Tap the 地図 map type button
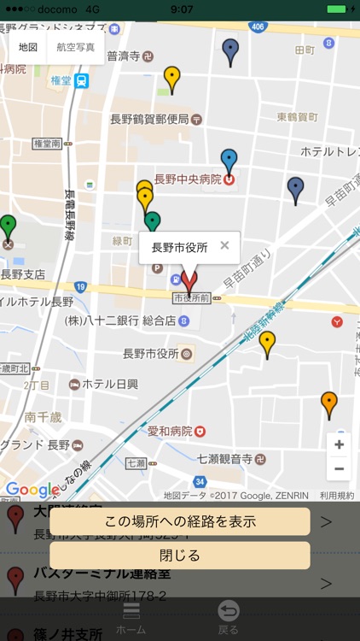coord(28,47)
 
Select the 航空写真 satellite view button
coord(75,47)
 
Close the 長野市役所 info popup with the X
coord(224,245)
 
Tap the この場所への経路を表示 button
coord(179,521)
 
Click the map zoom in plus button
coord(339,445)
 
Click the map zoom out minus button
coord(339,468)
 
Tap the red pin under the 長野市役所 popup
coord(189,279)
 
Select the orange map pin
coord(329,403)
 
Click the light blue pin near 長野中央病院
coord(229,160)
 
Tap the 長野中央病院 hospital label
coord(188,179)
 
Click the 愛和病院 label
coord(171,432)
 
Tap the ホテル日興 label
coord(109,384)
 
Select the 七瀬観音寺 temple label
coord(224,459)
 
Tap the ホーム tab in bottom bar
coord(131,617)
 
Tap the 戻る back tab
coord(228,617)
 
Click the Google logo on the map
coord(29,490)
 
